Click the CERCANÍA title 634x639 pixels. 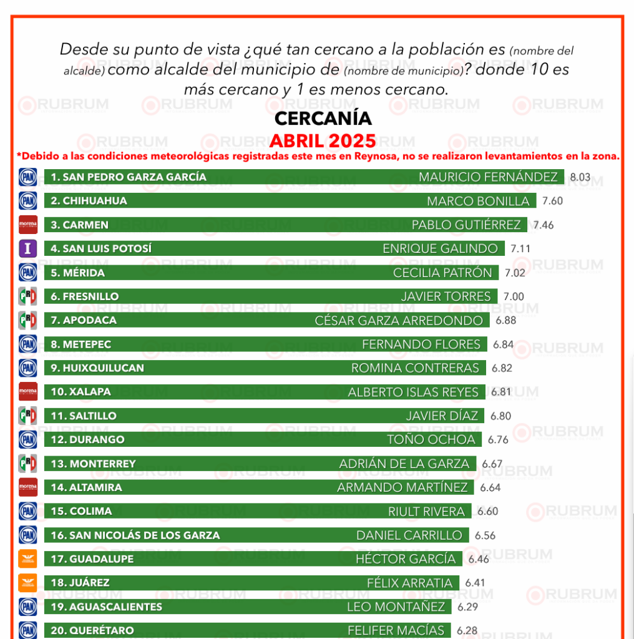point(323,118)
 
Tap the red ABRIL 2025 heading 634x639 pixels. point(323,140)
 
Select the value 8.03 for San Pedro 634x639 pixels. point(580,177)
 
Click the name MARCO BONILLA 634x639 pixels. point(478,201)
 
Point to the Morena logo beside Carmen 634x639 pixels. point(28,225)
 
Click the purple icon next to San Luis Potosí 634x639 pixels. point(28,248)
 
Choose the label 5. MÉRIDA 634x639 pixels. point(77,273)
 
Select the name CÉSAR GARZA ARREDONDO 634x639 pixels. point(399,321)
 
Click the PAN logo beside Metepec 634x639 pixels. point(28,344)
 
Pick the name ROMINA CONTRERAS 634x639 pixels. point(415,368)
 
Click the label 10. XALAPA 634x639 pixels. point(80,392)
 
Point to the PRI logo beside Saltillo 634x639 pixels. point(28,416)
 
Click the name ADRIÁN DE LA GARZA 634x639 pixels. point(404,464)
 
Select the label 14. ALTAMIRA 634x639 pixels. point(86,487)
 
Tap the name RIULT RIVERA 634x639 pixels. point(426,512)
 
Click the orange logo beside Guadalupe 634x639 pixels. point(28,559)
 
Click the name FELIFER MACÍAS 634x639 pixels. point(396,630)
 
